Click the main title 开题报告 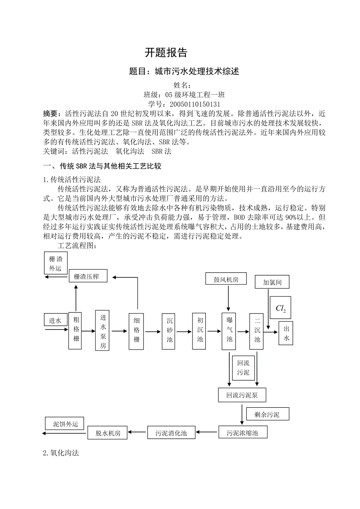click(x=166, y=52)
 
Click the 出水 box click(x=286, y=333)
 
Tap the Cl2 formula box click(x=281, y=308)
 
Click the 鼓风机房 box click(x=226, y=280)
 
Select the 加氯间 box click(x=273, y=282)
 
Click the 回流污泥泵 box click(x=242, y=395)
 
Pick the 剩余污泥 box click(x=267, y=414)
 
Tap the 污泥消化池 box click(x=171, y=433)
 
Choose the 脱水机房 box click(x=108, y=433)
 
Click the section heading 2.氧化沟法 click(x=61, y=453)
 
